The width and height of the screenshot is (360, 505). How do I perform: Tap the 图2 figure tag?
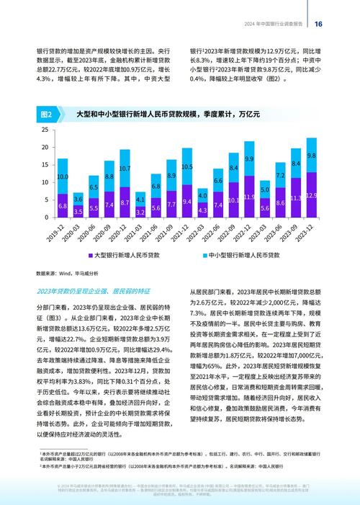[x=46, y=115]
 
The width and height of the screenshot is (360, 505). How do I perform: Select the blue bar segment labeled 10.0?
[x=63, y=176]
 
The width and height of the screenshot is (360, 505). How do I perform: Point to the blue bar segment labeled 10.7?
[x=125, y=169]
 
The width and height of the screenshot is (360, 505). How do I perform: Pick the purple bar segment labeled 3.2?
[x=140, y=212]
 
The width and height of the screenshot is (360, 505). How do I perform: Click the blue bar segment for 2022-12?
[x=249, y=158]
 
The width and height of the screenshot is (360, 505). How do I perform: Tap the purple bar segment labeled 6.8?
[x=63, y=205]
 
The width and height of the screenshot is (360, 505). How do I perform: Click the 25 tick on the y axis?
[x=45, y=130]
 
